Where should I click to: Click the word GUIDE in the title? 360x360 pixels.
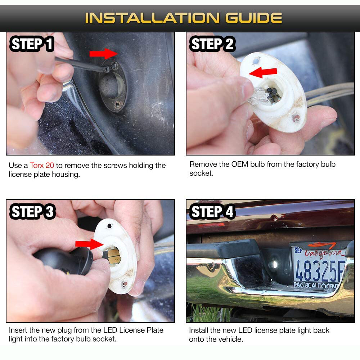(253, 18)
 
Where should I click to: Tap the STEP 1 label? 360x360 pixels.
(32, 44)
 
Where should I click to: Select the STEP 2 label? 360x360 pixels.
(212, 44)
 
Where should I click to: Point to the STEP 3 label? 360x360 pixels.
(32, 211)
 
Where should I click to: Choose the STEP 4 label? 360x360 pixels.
(212, 211)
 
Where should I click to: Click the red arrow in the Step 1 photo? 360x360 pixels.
(104, 54)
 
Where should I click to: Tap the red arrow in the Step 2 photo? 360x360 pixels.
(263, 72)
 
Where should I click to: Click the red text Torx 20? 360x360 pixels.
(42, 165)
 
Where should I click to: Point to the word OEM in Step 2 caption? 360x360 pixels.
(240, 164)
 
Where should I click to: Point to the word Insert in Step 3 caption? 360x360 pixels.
(18, 330)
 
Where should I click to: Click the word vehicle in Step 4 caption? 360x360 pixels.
(230, 339)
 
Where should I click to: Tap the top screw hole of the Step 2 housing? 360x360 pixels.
(256, 61)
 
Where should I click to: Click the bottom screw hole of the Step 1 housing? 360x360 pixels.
(118, 104)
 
